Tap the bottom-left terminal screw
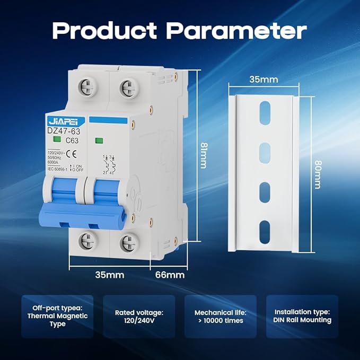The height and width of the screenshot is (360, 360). tap(89, 242)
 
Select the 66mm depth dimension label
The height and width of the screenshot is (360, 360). tap(170, 275)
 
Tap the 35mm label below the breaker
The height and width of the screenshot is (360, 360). tap(110, 275)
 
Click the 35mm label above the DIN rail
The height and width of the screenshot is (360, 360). tap(264, 80)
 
